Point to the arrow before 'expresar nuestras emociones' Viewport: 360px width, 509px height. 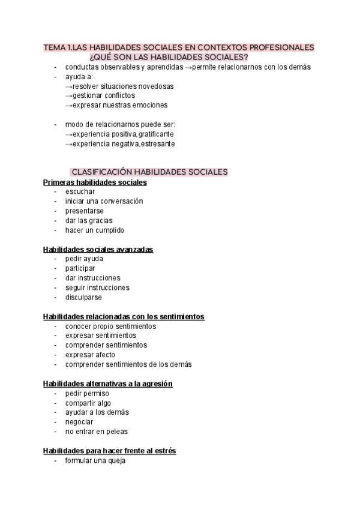(x=68, y=105)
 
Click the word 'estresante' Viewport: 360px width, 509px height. (x=157, y=143)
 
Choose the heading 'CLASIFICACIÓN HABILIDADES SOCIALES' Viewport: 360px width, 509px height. (x=149, y=172)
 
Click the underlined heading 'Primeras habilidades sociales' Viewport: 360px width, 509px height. (x=95, y=182)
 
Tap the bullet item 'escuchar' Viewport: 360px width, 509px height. (x=80, y=191)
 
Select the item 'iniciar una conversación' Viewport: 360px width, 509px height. (x=104, y=201)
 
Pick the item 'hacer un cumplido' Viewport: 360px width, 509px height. (x=95, y=230)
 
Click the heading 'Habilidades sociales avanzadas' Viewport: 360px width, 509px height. (x=98, y=249)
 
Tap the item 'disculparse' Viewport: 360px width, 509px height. (x=83, y=297)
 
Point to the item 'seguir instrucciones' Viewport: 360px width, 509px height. (x=97, y=288)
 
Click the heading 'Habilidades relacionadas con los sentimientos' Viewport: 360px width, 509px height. (x=124, y=316)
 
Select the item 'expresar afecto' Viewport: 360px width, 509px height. (x=90, y=355)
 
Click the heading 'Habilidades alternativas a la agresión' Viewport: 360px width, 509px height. (x=108, y=384)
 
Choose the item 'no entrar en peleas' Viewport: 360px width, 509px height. (x=97, y=432)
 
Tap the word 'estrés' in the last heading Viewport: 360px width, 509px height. (x=165, y=451)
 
